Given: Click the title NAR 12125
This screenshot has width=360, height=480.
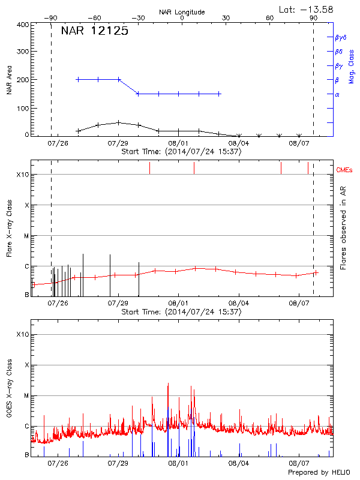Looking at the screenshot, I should click(x=95, y=32).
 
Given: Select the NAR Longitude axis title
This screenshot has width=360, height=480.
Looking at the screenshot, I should click(x=182, y=11).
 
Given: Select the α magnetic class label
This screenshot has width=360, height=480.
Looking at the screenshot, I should click(x=337, y=94).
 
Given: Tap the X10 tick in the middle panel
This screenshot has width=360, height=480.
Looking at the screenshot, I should click(x=23, y=175).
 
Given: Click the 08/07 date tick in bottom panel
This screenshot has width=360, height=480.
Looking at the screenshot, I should click(x=299, y=463).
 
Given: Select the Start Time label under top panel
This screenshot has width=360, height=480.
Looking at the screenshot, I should click(x=181, y=152).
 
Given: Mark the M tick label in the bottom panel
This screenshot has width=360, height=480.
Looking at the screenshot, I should click(x=26, y=396).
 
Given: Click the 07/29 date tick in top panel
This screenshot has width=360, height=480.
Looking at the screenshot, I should click(x=119, y=144).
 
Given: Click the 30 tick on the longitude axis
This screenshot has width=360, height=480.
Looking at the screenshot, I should click(x=226, y=19).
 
